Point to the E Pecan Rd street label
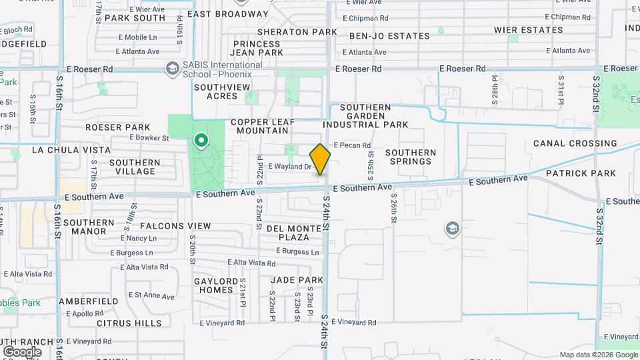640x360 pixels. [x=351, y=145]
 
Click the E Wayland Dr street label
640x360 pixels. [x=289, y=167]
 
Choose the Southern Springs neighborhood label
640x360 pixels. [x=411, y=157]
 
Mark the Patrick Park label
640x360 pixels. [x=581, y=173]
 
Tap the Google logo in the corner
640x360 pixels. [x=21, y=351]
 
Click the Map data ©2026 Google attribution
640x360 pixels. [x=598, y=355]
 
